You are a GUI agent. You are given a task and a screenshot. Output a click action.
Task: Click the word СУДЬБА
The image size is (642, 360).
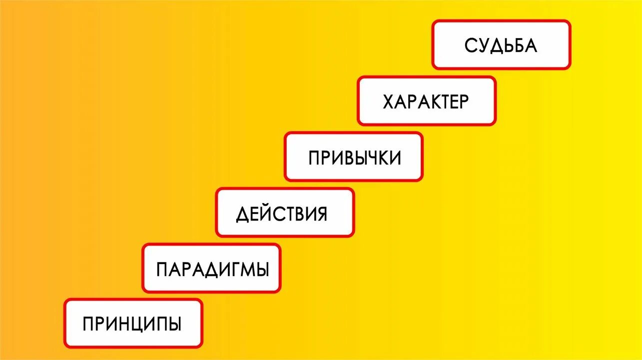coord(501,45)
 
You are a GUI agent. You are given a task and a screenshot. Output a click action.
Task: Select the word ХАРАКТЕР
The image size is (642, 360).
coord(426,102)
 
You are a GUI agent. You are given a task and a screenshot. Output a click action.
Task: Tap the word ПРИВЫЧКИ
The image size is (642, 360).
coord(354,158)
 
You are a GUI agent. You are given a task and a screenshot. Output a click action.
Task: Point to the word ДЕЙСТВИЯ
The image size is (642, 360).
coord(282,214)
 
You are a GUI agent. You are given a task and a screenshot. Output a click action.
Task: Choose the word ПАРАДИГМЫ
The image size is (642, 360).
coord(212,269)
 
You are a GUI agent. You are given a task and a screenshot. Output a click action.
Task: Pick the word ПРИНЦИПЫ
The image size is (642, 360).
coord(132,324)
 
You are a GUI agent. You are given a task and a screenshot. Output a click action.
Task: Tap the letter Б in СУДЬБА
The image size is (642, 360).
coord(520,45)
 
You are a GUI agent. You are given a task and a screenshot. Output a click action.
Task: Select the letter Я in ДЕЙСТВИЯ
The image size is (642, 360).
coord(321,214)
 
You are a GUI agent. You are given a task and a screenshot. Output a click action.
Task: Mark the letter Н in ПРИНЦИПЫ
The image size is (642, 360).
coord(128,324)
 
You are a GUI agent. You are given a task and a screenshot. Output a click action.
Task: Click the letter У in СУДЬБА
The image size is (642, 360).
coord(483,45)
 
